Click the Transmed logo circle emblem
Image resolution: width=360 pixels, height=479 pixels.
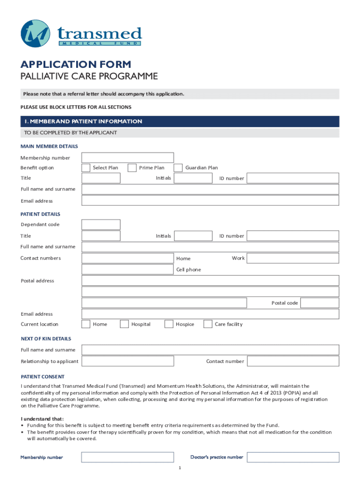[36, 34]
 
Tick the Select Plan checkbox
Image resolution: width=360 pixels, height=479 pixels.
[86, 168]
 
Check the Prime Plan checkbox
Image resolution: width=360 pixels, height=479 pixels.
[132, 168]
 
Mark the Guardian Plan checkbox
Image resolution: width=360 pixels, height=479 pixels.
[178, 168]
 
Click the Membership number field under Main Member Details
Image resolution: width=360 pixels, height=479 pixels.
[127, 158]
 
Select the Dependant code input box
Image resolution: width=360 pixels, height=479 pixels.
[101, 225]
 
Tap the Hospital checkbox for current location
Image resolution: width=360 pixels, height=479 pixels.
[124, 324]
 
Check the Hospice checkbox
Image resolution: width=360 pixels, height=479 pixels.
[169, 324]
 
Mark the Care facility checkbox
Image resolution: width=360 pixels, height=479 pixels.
[208, 324]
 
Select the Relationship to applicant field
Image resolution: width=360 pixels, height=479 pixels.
[127, 361]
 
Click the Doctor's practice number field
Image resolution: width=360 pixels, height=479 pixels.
[293, 457]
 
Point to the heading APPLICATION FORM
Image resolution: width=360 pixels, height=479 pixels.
[76, 65]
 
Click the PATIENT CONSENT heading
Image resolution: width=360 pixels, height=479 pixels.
[43, 377]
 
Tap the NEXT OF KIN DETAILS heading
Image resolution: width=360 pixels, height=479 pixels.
[46, 338]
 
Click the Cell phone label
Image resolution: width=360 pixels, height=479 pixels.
[188, 269]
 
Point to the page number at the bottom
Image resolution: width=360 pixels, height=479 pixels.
[180, 468]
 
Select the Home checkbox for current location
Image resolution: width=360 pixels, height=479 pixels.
[86, 324]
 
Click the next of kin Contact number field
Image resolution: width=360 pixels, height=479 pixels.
[293, 361]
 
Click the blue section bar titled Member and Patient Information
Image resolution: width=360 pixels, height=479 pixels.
[180, 122]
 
